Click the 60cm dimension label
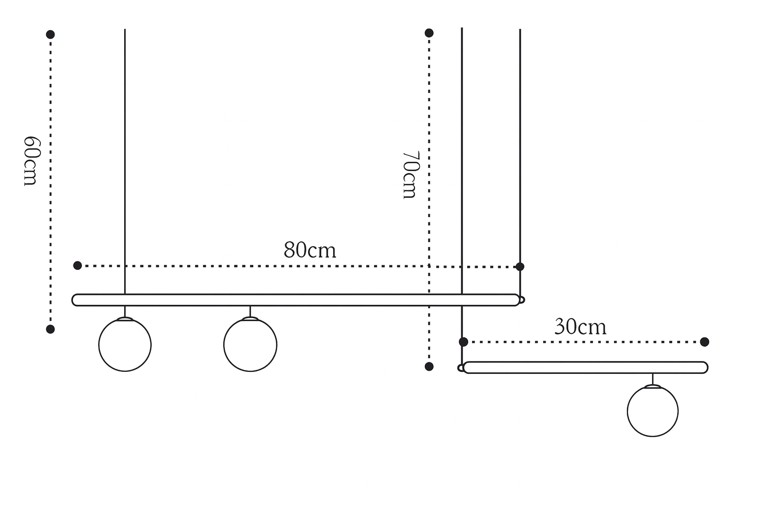coord(32,161)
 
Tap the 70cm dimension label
coord(411,175)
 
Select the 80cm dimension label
coord(310,251)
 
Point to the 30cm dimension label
coord(580,327)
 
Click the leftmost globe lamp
coord(125,345)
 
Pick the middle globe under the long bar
coord(250,345)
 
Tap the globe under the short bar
coord(653,411)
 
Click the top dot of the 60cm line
coord(50,34)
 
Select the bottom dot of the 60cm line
coord(50,329)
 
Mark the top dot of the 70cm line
coord(429,33)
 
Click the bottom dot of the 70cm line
coord(429,366)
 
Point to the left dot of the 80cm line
coord(77,265)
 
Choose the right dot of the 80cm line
coord(520,266)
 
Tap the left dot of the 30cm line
coord(464,342)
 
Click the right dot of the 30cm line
coord(705,342)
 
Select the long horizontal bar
coord(296,300)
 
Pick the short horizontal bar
coord(585,367)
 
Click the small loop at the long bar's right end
coord(522,300)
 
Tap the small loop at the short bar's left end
coord(461,368)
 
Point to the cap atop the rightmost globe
coord(653,386)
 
